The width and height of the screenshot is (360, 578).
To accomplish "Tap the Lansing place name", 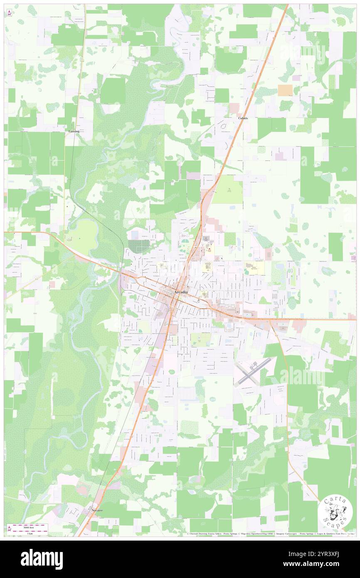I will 74,131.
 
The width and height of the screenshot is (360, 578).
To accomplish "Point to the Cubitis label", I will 243,118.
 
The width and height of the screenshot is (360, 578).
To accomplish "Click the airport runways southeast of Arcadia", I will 252,371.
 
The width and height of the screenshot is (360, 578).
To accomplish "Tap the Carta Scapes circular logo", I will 335,512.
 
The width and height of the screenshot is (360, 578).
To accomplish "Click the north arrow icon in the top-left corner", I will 9,12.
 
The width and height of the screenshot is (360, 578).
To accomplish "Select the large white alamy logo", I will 42,559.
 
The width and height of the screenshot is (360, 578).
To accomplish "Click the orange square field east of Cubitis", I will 285,90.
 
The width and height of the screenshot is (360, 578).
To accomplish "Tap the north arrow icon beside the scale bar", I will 9,529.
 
